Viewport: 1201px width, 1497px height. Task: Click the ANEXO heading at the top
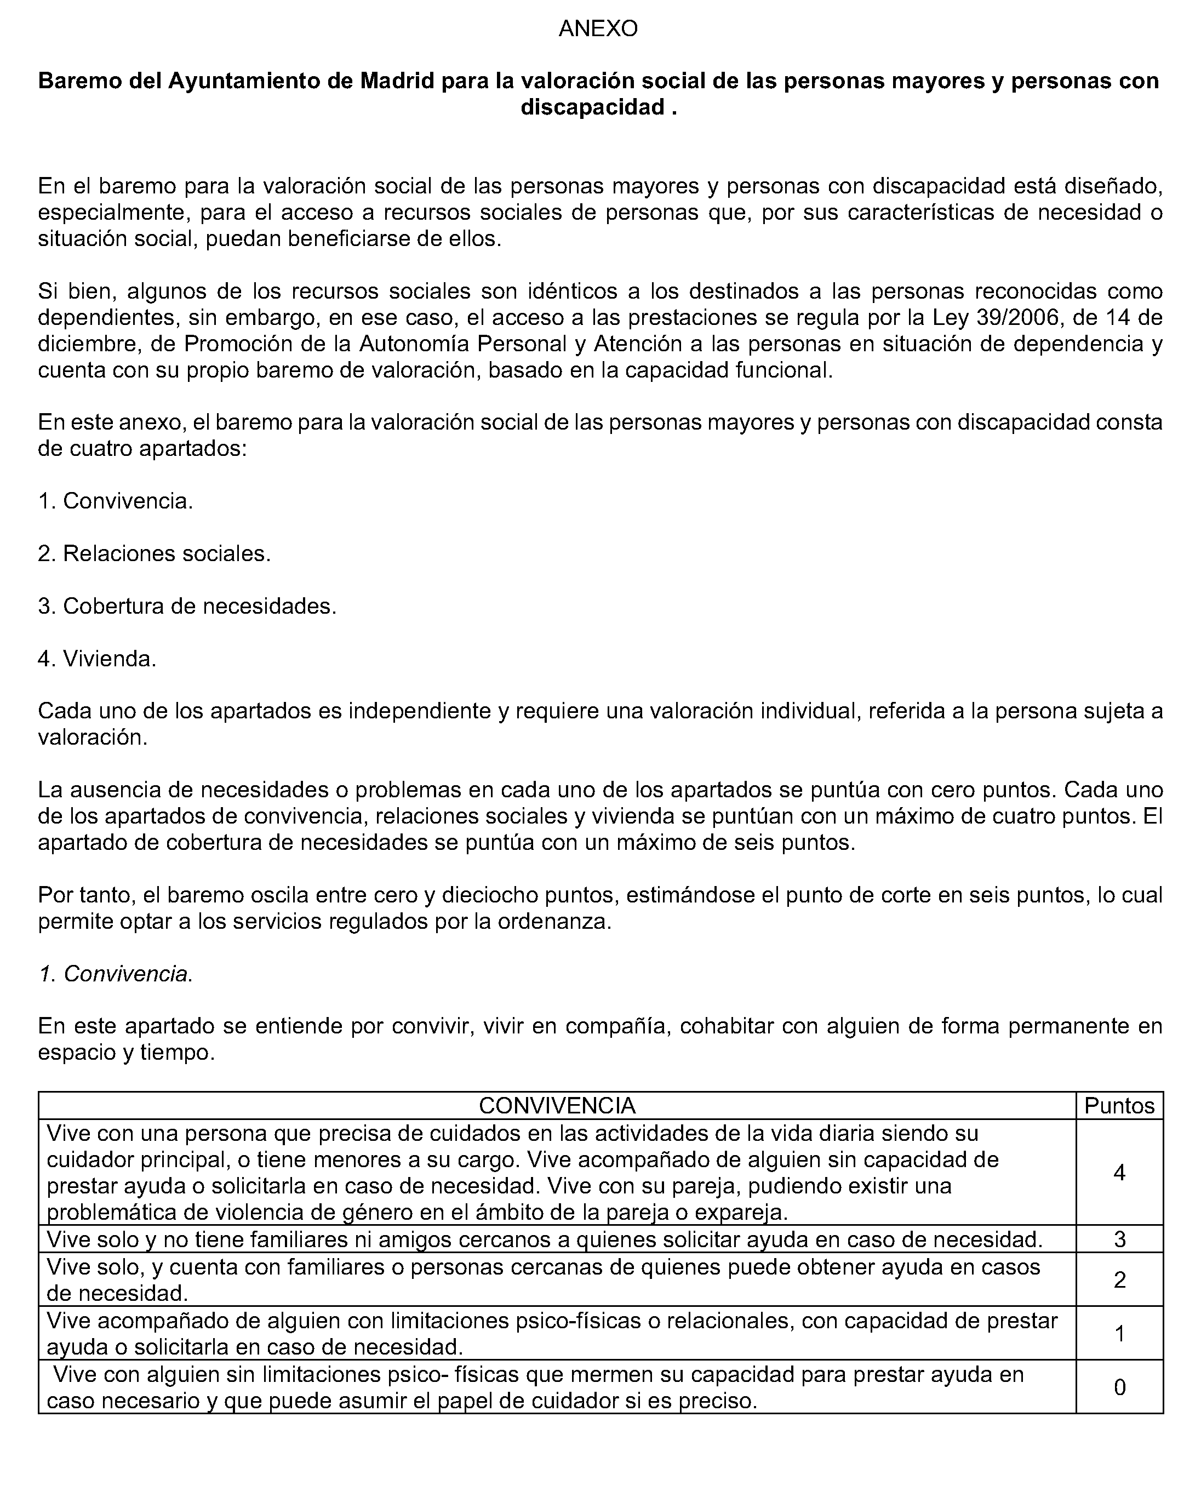598,28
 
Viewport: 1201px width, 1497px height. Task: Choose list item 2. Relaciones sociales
154,553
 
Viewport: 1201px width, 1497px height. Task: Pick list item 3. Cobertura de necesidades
187,606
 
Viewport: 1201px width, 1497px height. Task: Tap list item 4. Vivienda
97,658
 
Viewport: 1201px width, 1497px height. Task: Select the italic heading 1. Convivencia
115,974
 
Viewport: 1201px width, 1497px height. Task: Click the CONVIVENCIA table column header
557,1105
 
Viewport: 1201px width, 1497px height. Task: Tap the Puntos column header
1119,1105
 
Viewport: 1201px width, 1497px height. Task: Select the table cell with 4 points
1119,1173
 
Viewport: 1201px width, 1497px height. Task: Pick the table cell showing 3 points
1119,1239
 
